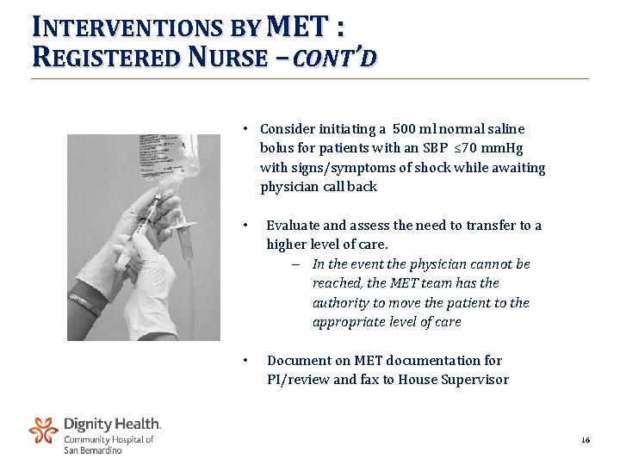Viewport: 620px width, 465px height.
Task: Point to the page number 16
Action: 586,440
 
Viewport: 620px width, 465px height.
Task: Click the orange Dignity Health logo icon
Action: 43,431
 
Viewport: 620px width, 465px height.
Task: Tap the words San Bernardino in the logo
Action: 93,450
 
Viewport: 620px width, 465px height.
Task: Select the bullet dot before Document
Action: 246,360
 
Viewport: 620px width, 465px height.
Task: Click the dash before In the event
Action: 295,264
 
